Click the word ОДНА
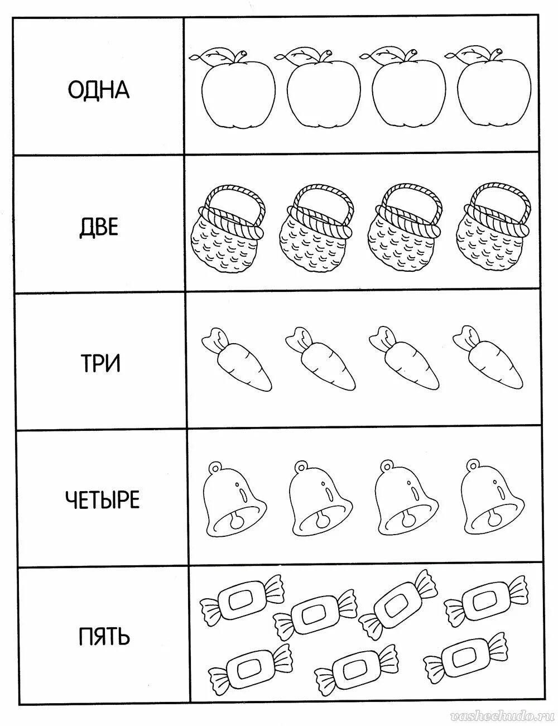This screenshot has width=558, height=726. [x=98, y=89]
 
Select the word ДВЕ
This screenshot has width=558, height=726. [x=98, y=228]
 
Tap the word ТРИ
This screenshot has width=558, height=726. [x=99, y=364]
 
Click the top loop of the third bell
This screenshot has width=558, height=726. [x=386, y=465]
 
